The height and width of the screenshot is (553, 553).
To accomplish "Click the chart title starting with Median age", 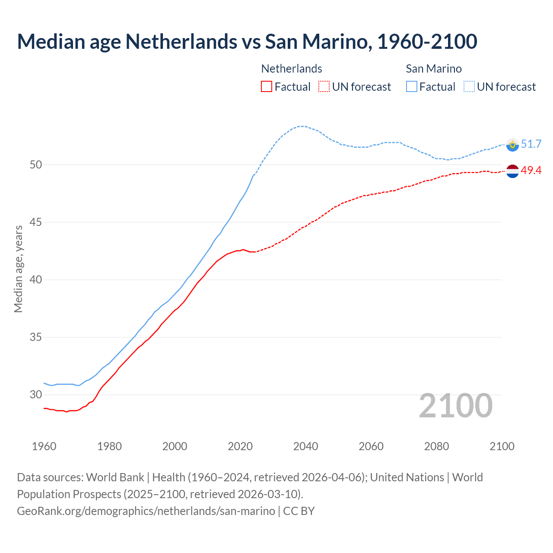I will [247, 41].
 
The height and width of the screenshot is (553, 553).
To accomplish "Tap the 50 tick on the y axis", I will [36, 165].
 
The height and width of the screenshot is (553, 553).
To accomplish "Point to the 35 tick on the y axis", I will [36, 337].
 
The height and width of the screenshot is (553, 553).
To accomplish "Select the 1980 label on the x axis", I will [109, 446].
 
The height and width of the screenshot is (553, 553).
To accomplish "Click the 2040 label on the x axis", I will [305, 446].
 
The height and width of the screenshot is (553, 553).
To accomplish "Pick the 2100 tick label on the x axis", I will [502, 446].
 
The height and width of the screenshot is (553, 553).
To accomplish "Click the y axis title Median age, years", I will [18, 269].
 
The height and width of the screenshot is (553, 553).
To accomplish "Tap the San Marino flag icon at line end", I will [512, 145].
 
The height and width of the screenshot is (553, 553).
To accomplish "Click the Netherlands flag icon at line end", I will [512, 171].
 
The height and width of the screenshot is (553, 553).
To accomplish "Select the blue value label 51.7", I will [531, 144].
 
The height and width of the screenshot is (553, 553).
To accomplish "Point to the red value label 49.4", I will [531, 171].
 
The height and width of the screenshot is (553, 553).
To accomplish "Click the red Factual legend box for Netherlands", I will [267, 87].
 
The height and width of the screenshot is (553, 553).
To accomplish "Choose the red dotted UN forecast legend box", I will [324, 87].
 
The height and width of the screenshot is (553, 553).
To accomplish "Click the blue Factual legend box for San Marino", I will [412, 87].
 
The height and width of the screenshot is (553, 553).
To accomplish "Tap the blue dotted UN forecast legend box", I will [469, 87].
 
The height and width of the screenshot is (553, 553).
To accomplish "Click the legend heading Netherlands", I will [292, 69].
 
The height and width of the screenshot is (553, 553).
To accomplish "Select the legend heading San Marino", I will [434, 69].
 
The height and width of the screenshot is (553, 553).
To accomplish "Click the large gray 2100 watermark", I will [456, 406].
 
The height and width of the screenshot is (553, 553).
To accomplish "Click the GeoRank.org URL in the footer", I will [146, 511].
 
